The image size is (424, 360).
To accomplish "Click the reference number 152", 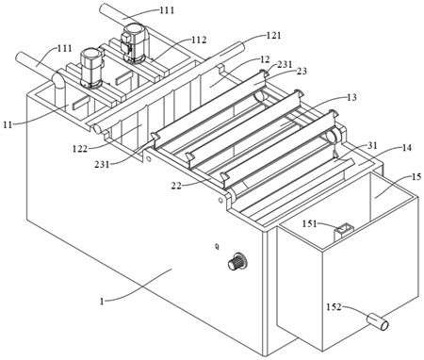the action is (x=334, y=306).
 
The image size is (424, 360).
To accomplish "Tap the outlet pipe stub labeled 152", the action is (x=378, y=322).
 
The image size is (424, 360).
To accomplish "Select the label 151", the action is (x=310, y=223).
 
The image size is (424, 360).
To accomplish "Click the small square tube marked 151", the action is (x=343, y=231).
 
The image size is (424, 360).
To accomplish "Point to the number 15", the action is (x=416, y=177).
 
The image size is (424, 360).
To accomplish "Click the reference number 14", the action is (x=407, y=147).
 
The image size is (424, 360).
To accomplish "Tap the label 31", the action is (x=373, y=145).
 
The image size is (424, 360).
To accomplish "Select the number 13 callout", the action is (x=352, y=97).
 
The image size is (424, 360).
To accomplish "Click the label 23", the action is (x=302, y=71).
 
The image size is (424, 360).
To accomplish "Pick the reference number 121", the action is (x=273, y=35).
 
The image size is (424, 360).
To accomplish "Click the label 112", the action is (x=200, y=40).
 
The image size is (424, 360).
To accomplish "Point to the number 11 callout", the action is (x=8, y=124).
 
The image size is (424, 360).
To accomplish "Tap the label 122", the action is (x=80, y=148).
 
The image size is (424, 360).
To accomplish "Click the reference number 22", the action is (x=176, y=186).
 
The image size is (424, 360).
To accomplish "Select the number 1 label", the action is (x=102, y=302).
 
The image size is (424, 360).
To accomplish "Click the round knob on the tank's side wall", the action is (x=237, y=261).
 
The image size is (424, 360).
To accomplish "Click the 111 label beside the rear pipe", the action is (x=167, y=10).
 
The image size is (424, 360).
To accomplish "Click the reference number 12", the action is (x=265, y=59).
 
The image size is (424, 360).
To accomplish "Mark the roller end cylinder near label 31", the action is (x=332, y=136).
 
